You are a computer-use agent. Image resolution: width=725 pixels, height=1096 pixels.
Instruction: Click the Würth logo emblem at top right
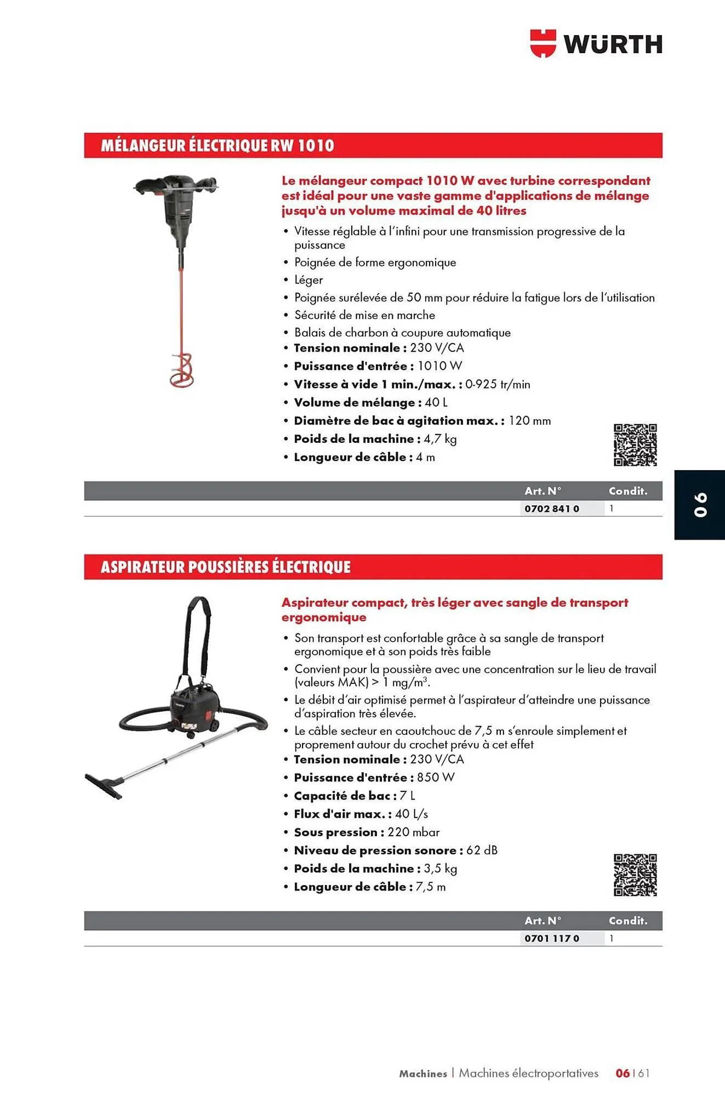click(543, 44)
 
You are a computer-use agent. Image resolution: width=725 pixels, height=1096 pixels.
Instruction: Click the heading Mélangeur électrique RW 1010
click(217, 146)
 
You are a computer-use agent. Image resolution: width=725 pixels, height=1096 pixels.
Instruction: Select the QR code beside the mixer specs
click(635, 445)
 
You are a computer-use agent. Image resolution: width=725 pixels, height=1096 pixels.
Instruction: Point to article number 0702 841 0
click(551, 509)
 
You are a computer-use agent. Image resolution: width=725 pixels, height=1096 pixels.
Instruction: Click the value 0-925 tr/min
click(498, 385)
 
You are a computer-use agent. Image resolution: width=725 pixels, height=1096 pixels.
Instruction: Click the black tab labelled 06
click(700, 505)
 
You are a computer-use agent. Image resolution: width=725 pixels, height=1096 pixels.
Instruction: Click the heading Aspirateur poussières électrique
click(225, 567)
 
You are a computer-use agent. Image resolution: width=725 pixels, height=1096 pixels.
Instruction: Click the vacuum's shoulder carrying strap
click(197, 636)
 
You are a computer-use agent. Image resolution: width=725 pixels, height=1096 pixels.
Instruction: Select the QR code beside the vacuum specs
click(635, 875)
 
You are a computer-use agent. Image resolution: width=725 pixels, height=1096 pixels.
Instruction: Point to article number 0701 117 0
click(551, 938)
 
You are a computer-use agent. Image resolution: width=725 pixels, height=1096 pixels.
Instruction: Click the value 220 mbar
click(414, 832)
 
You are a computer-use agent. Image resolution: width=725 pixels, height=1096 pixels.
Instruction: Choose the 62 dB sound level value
click(482, 850)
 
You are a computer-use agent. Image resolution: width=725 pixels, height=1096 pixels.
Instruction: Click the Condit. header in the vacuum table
click(628, 921)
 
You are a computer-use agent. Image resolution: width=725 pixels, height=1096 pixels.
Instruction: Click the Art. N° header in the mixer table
click(543, 491)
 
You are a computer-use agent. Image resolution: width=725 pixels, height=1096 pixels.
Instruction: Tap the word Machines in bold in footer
click(423, 1074)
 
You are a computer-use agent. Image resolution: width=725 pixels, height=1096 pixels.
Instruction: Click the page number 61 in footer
click(644, 1073)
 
